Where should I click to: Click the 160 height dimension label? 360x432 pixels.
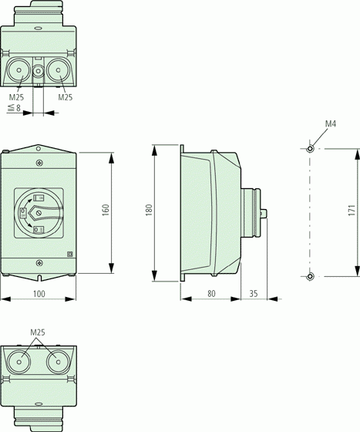click(106, 210)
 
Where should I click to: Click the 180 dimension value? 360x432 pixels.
click(149, 210)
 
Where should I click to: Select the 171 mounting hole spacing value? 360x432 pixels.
click(352, 210)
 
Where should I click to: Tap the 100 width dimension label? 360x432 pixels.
click(39, 294)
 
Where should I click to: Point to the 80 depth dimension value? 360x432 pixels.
click(211, 293)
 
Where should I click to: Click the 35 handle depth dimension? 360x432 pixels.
click(254, 293)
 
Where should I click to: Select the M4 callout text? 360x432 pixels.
click(331, 123)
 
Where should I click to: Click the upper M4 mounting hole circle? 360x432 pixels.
click(310, 149)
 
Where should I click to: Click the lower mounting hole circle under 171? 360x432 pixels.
click(310, 276)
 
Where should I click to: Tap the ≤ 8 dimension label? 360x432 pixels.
click(15, 108)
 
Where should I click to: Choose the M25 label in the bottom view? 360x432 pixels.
click(38, 332)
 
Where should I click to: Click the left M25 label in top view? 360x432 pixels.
click(16, 97)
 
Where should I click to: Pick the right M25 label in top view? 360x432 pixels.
click(66, 97)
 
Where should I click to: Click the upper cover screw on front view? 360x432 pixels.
click(39, 163)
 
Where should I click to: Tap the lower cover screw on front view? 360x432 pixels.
click(39, 263)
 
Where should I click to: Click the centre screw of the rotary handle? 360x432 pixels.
click(39, 213)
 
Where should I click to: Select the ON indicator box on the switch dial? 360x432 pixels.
click(39, 197)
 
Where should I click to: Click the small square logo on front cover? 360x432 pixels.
click(70, 255)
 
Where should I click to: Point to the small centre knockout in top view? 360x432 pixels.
click(38, 71)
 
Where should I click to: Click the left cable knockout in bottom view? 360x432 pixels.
click(19, 362)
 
